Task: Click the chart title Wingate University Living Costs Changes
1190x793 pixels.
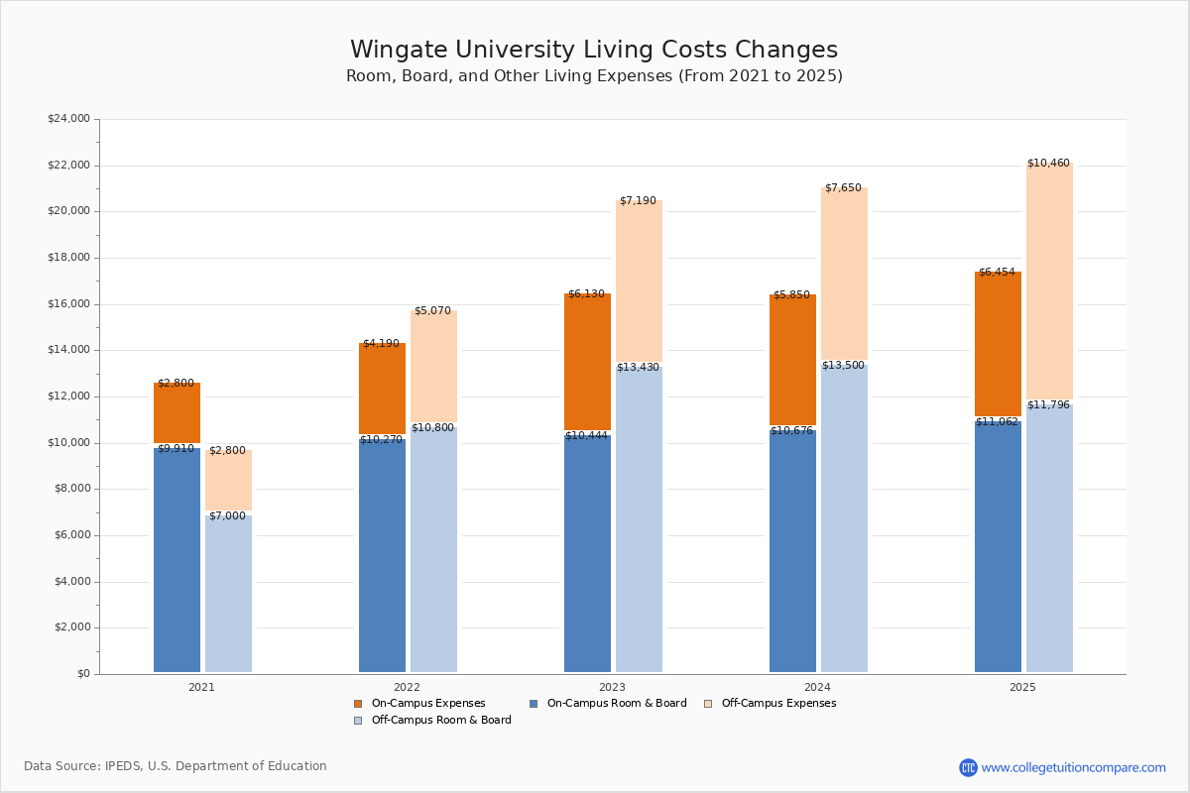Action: point(594,51)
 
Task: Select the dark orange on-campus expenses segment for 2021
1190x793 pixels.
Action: point(177,412)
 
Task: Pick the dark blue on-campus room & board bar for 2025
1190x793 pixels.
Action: point(998,545)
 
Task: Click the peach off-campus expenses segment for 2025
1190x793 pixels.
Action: point(1049,282)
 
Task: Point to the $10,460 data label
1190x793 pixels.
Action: point(1048,164)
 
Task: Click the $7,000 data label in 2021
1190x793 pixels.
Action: point(227,516)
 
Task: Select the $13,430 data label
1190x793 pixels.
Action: point(638,368)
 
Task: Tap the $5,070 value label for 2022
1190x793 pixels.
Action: point(432,311)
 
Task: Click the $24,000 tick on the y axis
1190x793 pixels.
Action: point(68,119)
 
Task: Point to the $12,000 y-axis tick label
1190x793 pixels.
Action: point(68,396)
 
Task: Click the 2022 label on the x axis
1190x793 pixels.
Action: point(407,687)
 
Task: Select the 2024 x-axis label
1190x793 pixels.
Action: point(817,687)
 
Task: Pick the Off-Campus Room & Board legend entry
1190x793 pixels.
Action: point(440,721)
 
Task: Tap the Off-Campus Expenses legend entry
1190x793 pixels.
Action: point(777,704)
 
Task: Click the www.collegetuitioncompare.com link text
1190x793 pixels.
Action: point(1073,767)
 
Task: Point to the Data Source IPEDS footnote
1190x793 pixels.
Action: point(176,766)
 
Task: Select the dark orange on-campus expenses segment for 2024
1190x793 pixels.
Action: point(792,360)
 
